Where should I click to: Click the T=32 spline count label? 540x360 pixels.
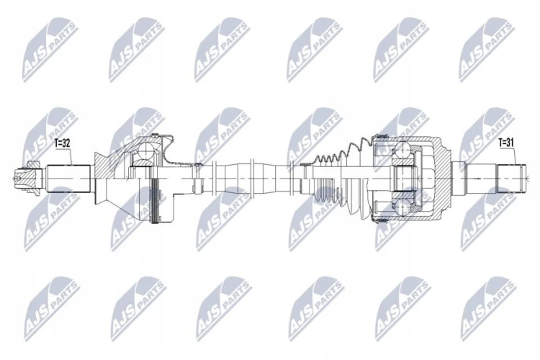click(x=63, y=143)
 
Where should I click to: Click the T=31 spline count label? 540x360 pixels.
click(x=506, y=143)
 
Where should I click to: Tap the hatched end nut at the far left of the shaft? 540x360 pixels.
click(x=27, y=178)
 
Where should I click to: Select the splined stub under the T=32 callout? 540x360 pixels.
click(x=68, y=179)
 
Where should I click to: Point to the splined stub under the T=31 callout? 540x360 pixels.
click(x=511, y=179)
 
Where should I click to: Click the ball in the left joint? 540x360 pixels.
click(x=147, y=150)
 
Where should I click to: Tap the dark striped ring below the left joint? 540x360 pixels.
click(x=156, y=200)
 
